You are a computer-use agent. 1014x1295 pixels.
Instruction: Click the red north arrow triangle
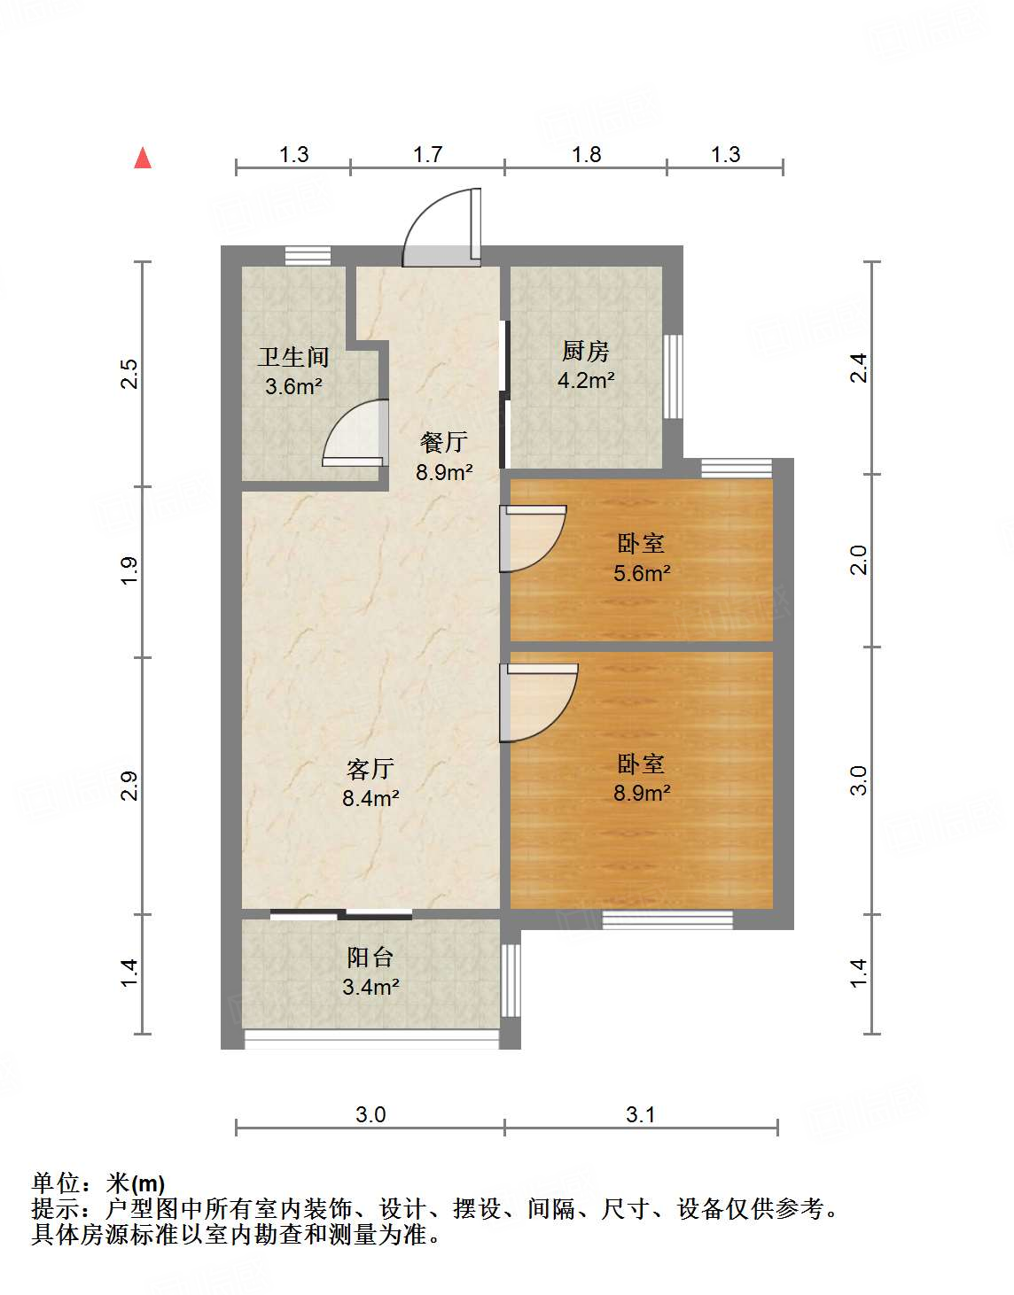(143, 158)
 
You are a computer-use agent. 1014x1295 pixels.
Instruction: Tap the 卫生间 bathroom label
(293, 357)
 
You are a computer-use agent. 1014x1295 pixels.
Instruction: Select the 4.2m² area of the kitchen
(586, 381)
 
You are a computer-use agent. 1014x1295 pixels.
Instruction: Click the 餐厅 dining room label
(444, 441)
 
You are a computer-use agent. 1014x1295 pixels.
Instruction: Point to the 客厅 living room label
(370, 768)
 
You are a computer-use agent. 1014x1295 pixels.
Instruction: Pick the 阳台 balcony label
(370, 957)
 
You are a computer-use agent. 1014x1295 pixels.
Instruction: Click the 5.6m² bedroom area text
(642, 573)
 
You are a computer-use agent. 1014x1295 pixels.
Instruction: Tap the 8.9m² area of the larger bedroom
(642, 793)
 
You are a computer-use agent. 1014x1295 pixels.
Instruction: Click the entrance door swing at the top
(441, 229)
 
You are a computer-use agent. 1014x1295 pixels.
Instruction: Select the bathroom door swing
(356, 434)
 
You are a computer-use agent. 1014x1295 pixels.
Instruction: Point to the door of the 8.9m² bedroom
(540, 701)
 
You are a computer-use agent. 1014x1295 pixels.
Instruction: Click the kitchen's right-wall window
(674, 376)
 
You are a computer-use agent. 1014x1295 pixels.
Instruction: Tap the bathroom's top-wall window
(308, 256)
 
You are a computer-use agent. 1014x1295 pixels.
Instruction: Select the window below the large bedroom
(667, 919)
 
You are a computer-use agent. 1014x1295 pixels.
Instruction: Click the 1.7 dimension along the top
(427, 155)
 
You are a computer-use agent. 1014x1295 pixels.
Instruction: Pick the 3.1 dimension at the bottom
(640, 1114)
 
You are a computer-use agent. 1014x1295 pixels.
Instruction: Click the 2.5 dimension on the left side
(130, 374)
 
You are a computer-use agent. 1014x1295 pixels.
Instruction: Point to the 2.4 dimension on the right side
(858, 368)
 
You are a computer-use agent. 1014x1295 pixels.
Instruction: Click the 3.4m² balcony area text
(370, 986)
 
